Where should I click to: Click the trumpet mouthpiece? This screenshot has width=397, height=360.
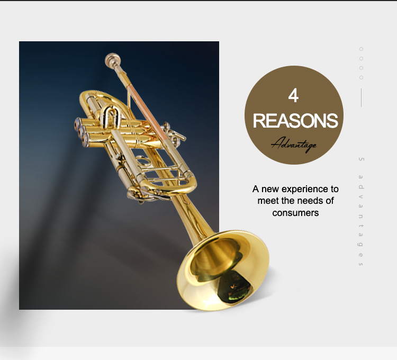(113, 61)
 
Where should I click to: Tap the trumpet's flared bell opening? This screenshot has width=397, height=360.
(223, 270)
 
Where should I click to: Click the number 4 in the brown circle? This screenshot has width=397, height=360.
(293, 95)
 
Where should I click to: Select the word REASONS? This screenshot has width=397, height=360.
(295, 121)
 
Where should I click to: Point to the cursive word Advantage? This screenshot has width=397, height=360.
(294, 145)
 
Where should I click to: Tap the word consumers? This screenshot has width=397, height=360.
(295, 213)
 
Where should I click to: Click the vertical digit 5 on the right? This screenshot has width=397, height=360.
(361, 159)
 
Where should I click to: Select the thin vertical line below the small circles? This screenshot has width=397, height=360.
(361, 98)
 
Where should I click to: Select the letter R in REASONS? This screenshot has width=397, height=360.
(259, 121)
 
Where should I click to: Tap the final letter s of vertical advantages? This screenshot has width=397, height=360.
(361, 264)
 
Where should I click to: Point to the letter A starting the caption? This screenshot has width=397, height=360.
(256, 189)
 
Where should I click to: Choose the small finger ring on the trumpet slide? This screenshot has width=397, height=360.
(143, 161)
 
